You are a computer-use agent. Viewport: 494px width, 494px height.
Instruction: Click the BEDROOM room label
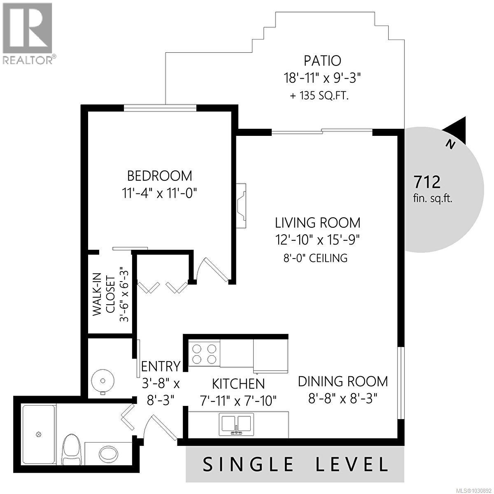point(159,176)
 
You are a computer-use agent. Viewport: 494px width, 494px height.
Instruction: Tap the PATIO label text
point(322,61)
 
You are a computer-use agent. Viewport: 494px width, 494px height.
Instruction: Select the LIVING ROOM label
point(317,223)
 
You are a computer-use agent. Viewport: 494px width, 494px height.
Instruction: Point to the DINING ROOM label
point(343,381)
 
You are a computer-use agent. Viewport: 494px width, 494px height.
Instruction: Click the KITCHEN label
point(238,384)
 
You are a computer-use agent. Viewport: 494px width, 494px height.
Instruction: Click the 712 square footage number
point(427,181)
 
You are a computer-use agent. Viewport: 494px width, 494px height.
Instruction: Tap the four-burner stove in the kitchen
point(204,353)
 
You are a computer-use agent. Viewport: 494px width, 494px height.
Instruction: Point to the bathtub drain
point(39,434)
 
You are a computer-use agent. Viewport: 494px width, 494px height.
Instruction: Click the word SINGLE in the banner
point(248,464)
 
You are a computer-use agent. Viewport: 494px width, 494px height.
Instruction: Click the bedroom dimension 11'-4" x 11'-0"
point(160,193)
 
